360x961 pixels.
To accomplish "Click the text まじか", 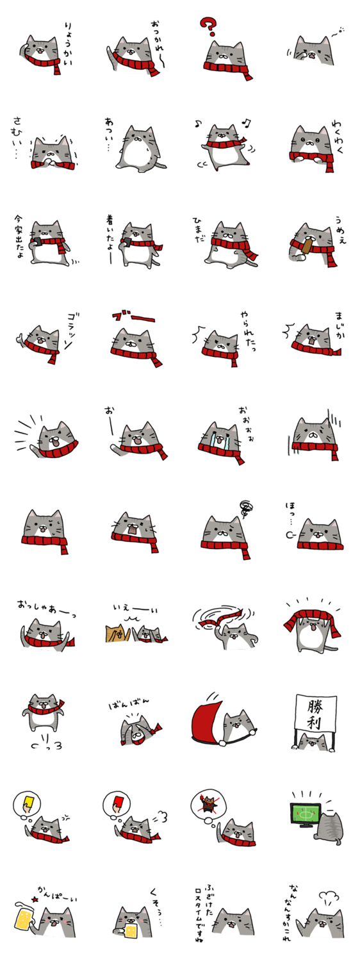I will (339, 325).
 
